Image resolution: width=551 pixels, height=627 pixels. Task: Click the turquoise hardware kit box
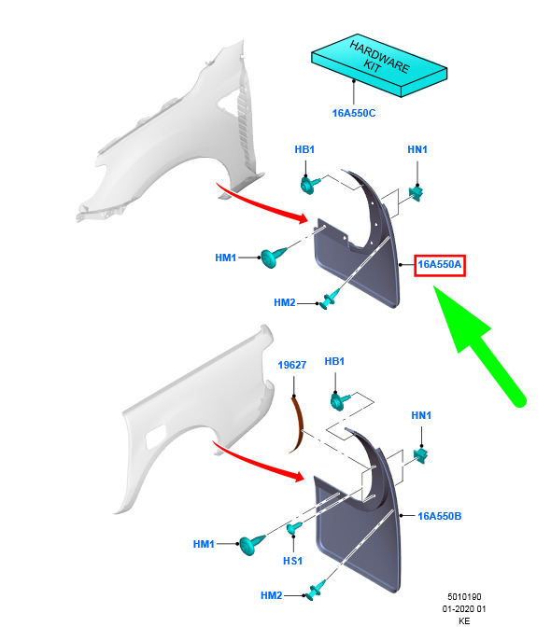coord(379,65)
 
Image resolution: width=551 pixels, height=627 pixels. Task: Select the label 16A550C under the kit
coord(354,113)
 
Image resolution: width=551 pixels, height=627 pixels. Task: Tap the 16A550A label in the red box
coord(439,264)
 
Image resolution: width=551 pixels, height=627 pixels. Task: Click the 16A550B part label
coord(439,516)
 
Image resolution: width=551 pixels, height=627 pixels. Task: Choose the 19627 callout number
coord(292,365)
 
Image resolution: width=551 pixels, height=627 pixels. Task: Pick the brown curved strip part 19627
coord(297,424)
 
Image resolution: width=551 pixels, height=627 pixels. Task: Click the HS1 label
coord(292,561)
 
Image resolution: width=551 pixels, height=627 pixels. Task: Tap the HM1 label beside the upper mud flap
coord(225,258)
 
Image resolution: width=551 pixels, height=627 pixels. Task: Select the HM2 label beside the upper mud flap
coord(285,302)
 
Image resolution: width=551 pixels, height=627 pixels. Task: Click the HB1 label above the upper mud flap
coord(304,149)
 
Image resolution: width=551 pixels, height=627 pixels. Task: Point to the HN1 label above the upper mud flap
coord(417,149)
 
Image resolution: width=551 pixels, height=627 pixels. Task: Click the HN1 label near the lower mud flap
coord(421,415)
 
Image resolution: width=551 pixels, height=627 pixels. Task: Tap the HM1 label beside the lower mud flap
coord(204,544)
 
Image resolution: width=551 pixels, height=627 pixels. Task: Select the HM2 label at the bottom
coord(272,595)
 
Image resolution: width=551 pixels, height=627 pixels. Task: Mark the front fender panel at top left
coord(172,132)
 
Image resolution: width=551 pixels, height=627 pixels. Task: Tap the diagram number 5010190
coord(464,596)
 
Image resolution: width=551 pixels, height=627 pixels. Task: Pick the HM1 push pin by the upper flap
coord(272,257)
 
